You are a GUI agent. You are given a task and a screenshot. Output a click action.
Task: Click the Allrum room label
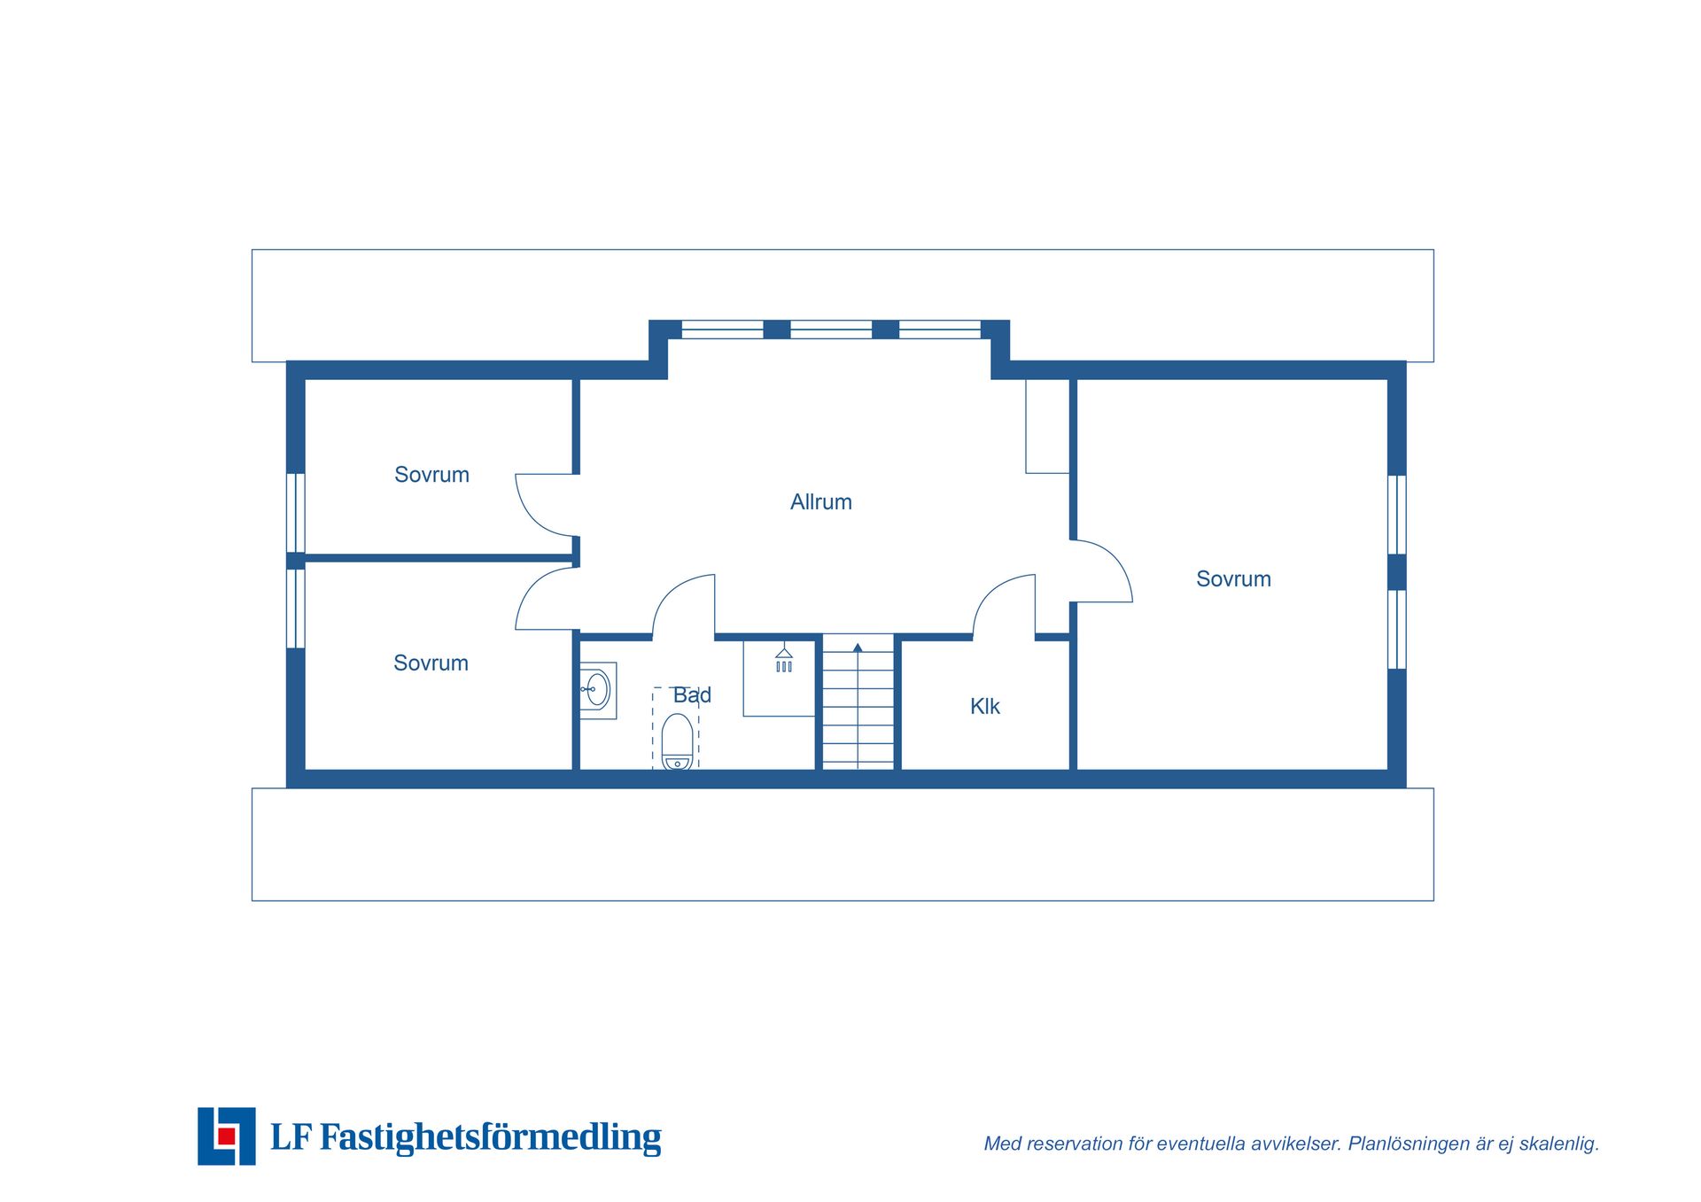[x=820, y=502]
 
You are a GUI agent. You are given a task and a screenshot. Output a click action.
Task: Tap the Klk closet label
[x=984, y=706]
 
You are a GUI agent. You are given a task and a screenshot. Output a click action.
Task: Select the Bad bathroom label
[x=692, y=695]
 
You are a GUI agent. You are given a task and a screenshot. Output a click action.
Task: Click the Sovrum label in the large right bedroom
[x=1233, y=579]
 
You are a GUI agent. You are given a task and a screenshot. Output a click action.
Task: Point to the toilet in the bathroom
[x=677, y=742]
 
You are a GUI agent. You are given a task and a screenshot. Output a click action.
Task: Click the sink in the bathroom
[x=598, y=690]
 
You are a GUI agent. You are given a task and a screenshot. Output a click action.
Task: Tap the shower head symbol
[x=784, y=659]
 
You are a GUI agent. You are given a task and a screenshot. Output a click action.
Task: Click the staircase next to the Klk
[x=858, y=702]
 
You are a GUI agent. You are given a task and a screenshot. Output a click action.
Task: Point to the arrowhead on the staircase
[x=858, y=648]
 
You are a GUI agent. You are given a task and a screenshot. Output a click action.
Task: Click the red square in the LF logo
[x=226, y=1136]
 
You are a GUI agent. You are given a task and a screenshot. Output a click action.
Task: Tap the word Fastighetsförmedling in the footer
[x=490, y=1137]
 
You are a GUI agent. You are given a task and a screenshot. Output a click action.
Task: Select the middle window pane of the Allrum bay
[x=831, y=330]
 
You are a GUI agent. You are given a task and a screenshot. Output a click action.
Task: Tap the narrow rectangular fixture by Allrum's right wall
[x=1047, y=426]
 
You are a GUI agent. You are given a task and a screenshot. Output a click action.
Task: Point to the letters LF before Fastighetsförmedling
[x=291, y=1137]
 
